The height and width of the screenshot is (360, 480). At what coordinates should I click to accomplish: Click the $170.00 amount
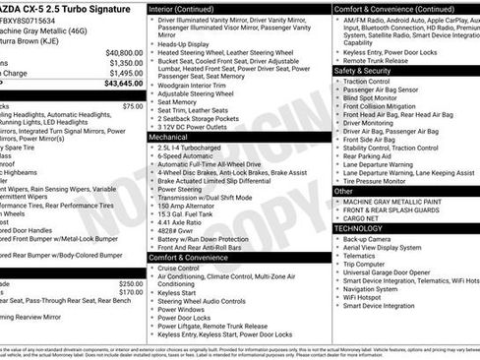130,292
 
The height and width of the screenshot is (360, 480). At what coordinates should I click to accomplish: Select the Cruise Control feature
179,268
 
